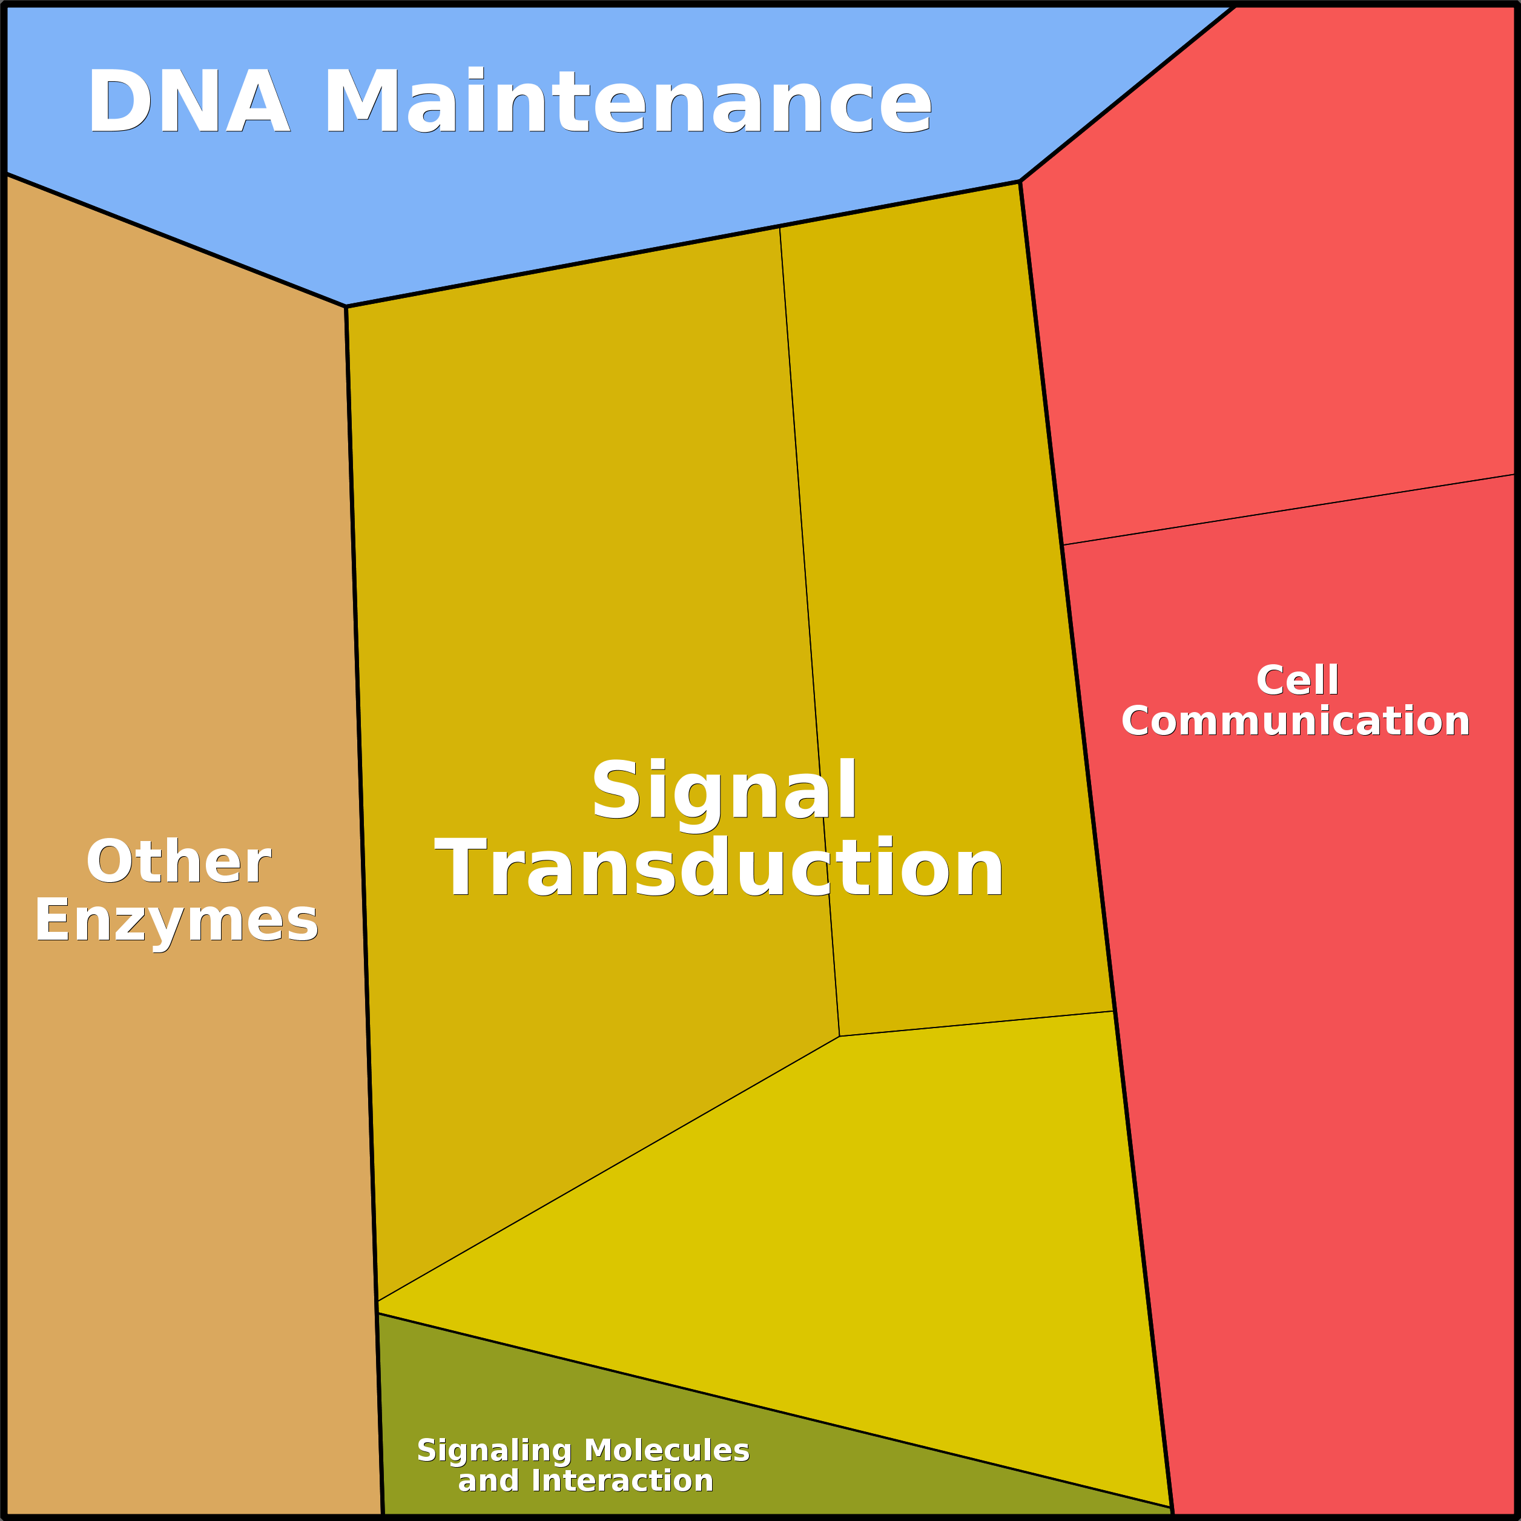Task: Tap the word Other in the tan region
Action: (179, 862)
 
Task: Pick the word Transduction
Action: (719, 868)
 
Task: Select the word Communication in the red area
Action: (1296, 721)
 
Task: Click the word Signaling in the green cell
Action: (493, 1450)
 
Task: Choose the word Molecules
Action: (667, 1450)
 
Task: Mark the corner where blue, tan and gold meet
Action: (346, 306)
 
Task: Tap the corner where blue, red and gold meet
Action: (1020, 182)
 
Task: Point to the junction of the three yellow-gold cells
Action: (839, 1036)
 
